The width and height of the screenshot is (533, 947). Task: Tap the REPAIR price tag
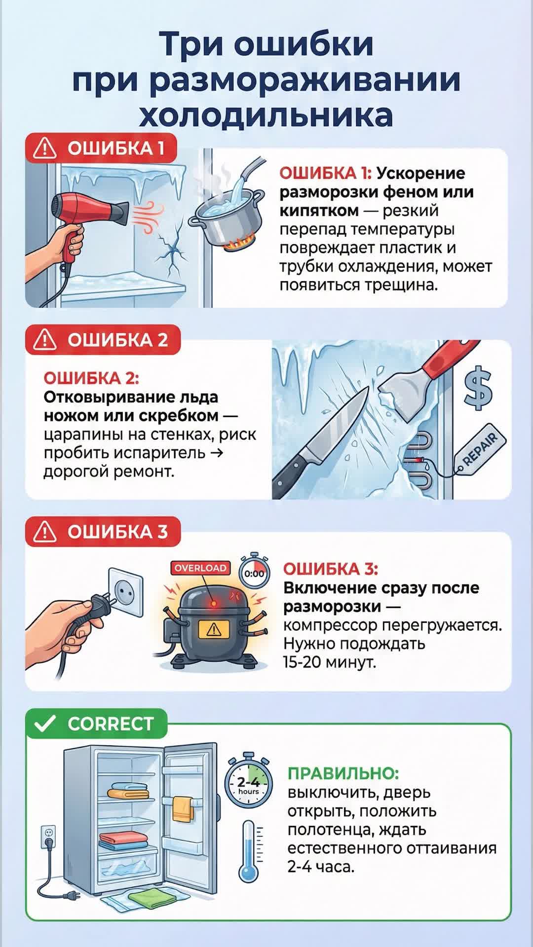pyautogui.click(x=479, y=451)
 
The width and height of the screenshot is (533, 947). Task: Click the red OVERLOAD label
pyautogui.click(x=200, y=568)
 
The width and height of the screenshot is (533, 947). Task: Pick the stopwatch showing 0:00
pyautogui.click(x=254, y=572)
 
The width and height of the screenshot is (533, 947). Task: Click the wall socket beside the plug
pyautogui.click(x=125, y=591)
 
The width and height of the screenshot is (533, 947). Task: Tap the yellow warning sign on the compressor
pyautogui.click(x=214, y=629)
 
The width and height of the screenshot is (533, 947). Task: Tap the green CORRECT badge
pyautogui.click(x=97, y=724)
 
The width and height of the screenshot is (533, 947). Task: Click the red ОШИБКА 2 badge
pyautogui.click(x=103, y=340)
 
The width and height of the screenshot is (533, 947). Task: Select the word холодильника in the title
pyautogui.click(x=266, y=115)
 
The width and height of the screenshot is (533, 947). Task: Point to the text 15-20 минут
pyautogui.click(x=329, y=662)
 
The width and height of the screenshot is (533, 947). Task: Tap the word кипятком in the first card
pyautogui.click(x=319, y=211)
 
